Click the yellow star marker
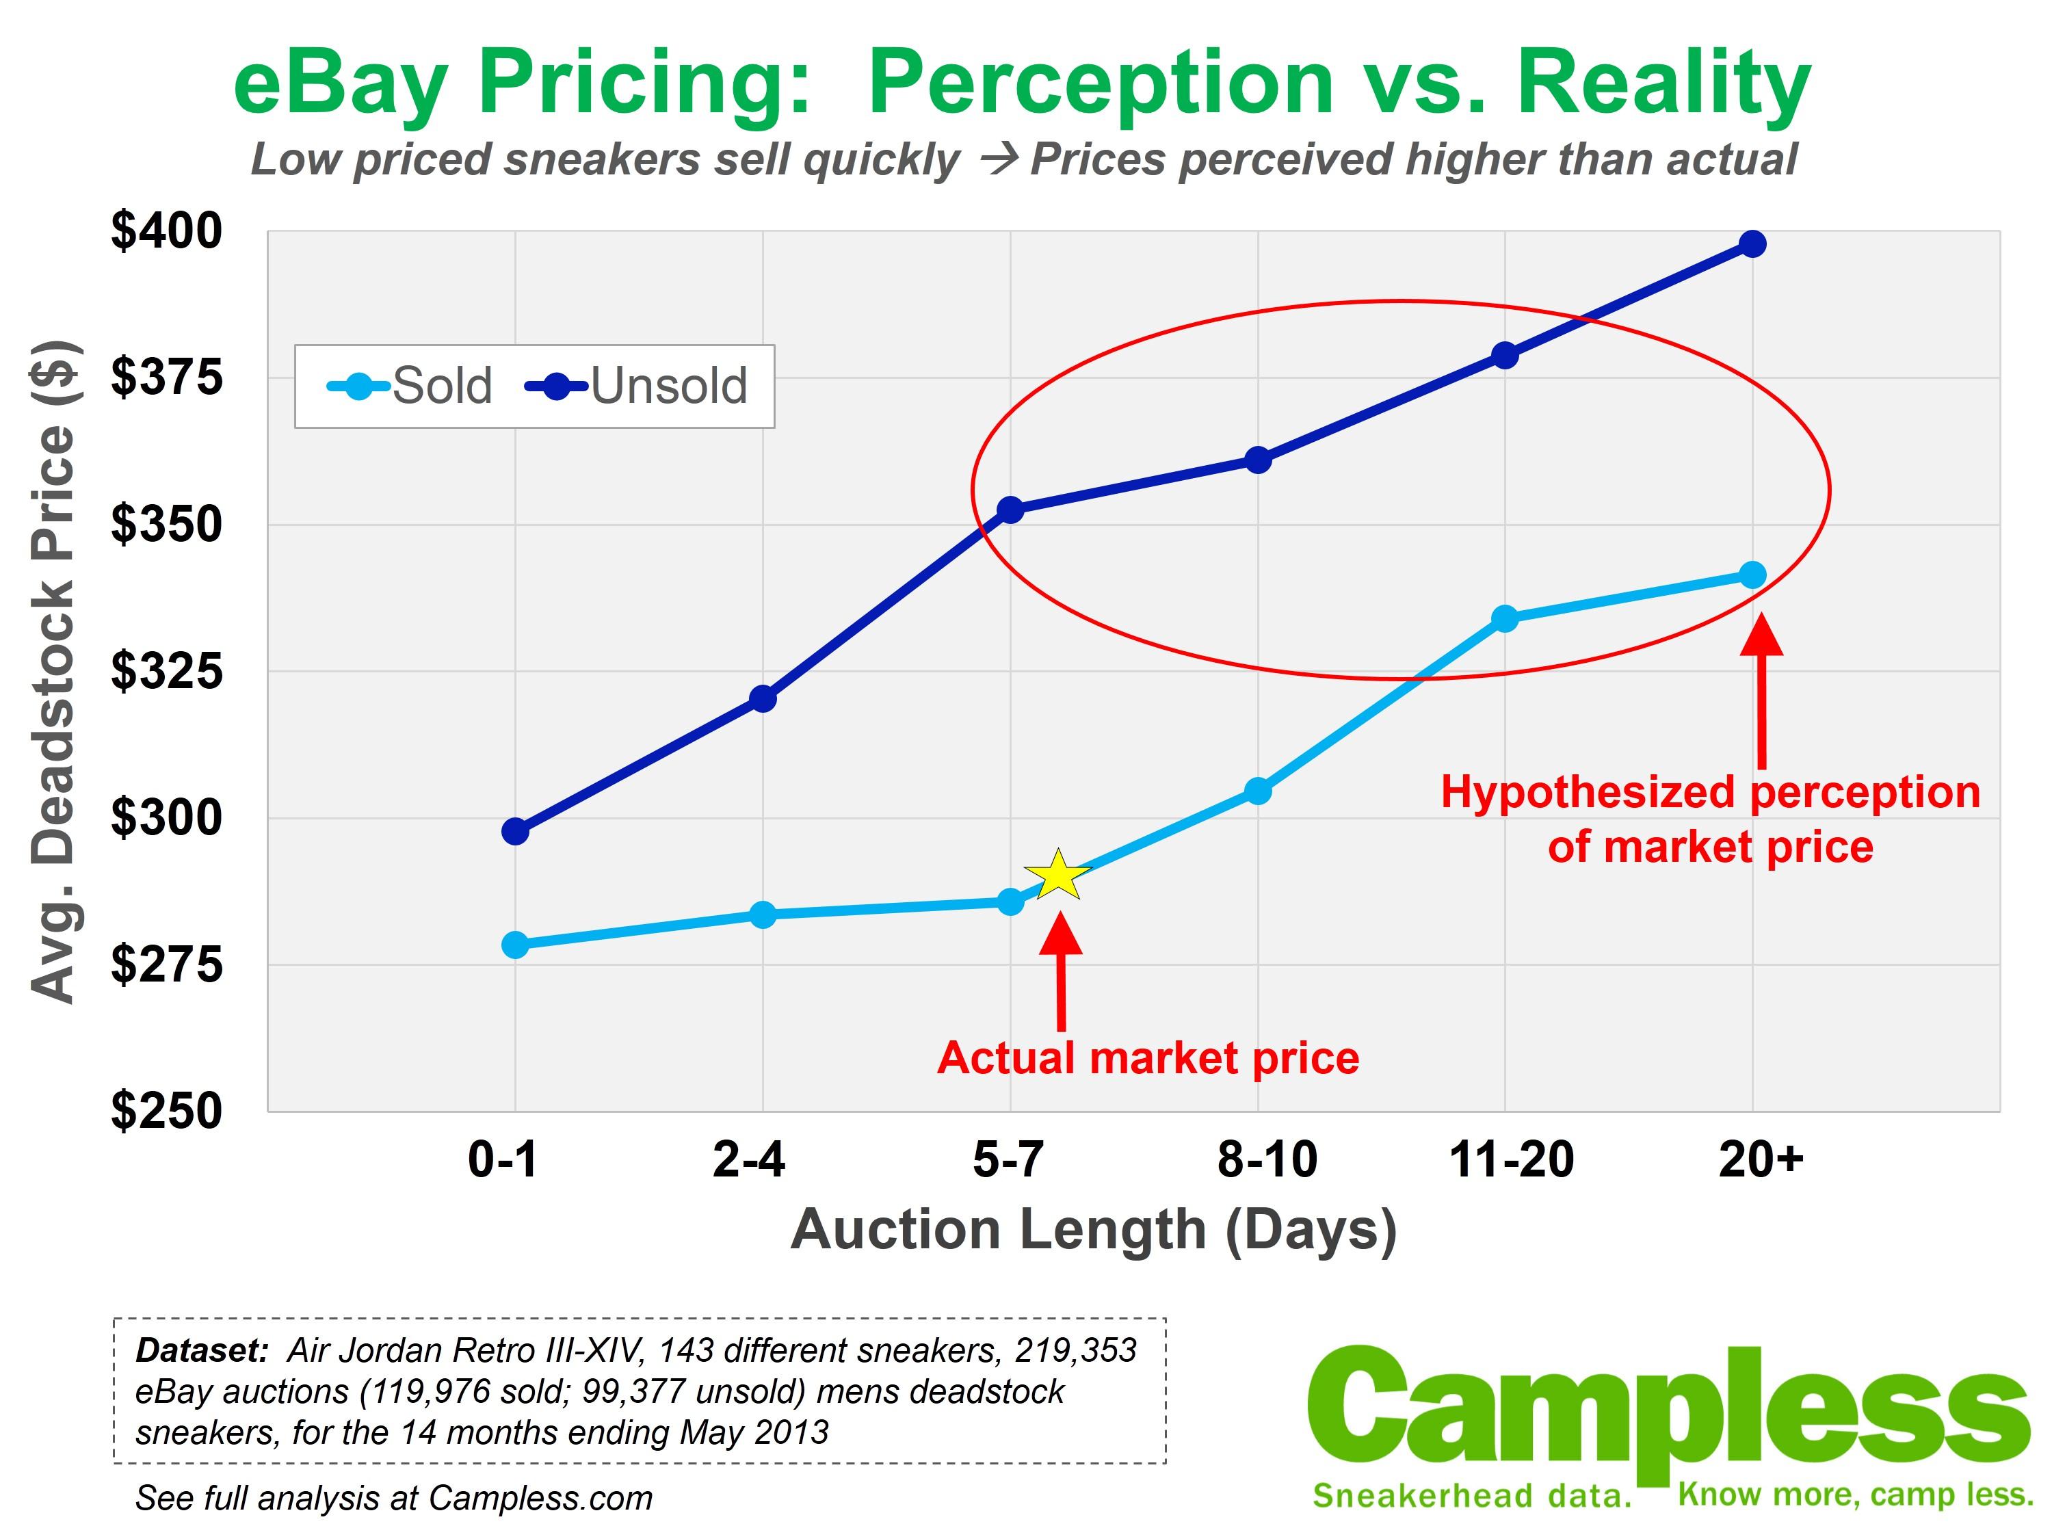(x=1057, y=875)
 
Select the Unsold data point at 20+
(x=1752, y=244)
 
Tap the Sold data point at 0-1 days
(x=515, y=945)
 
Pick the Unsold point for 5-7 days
(x=1010, y=510)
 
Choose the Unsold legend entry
(x=637, y=386)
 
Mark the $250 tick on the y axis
(x=167, y=1109)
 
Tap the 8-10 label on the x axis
(x=1267, y=1159)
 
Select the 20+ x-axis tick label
(x=1761, y=1159)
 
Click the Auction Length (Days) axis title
(x=1094, y=1230)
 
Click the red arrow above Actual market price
(x=1060, y=969)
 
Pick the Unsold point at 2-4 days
(x=763, y=698)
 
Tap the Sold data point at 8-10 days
(x=1258, y=791)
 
